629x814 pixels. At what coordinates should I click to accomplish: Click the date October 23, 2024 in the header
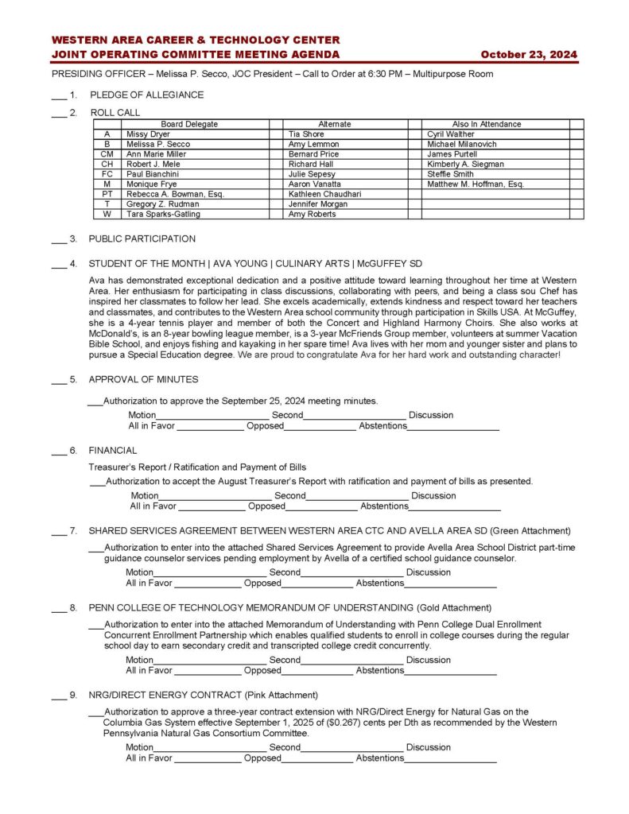click(529, 55)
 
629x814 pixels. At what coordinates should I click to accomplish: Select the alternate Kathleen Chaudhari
click(325, 194)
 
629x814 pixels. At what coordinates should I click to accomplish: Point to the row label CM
click(107, 154)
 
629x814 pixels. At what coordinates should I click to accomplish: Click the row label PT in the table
click(107, 194)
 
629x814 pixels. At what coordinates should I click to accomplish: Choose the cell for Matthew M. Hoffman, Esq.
click(476, 184)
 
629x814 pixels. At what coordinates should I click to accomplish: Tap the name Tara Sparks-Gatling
click(163, 214)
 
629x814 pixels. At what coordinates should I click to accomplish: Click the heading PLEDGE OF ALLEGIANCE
click(146, 95)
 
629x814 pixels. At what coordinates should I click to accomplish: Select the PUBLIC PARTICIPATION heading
click(142, 238)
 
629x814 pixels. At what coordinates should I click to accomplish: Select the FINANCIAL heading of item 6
click(112, 451)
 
